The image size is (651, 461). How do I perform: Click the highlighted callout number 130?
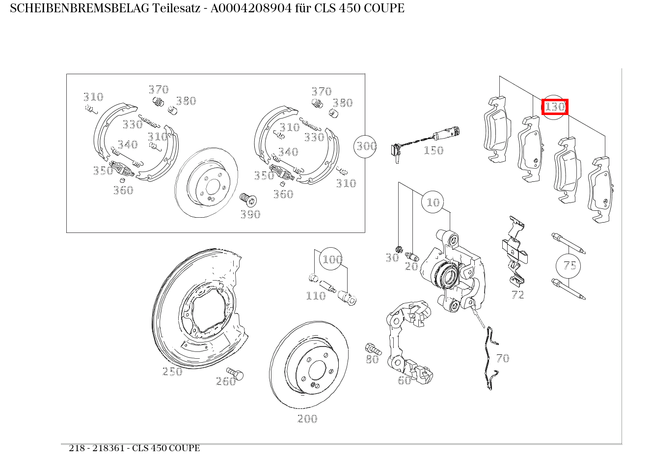coord(555,107)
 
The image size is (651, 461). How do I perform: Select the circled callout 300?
coord(366,146)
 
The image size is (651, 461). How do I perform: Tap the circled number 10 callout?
coord(433,202)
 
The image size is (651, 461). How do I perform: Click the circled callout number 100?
coord(331,259)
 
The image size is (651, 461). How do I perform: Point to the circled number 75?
coord(569,265)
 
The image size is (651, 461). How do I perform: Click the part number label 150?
coord(434,150)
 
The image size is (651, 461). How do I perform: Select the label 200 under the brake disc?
coord(307,419)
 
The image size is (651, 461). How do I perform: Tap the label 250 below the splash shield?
coord(172,372)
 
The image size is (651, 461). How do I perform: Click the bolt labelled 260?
coord(236,374)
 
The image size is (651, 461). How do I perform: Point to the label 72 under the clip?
coord(517,294)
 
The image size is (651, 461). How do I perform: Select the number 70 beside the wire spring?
coord(502,358)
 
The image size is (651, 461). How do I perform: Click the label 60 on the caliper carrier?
coord(404,380)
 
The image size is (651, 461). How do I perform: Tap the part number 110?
coord(316,296)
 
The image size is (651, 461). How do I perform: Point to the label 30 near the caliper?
coord(391,258)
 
